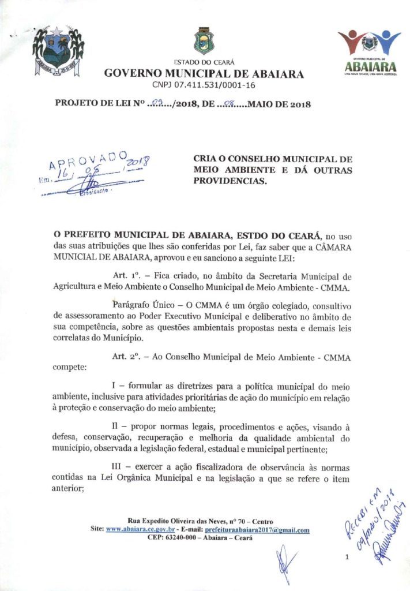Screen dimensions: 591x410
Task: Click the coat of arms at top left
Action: click(58, 53)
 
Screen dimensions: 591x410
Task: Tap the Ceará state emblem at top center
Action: click(203, 42)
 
